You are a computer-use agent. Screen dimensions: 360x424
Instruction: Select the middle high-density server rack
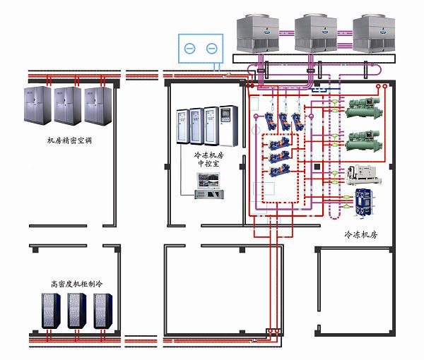click(x=77, y=311)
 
